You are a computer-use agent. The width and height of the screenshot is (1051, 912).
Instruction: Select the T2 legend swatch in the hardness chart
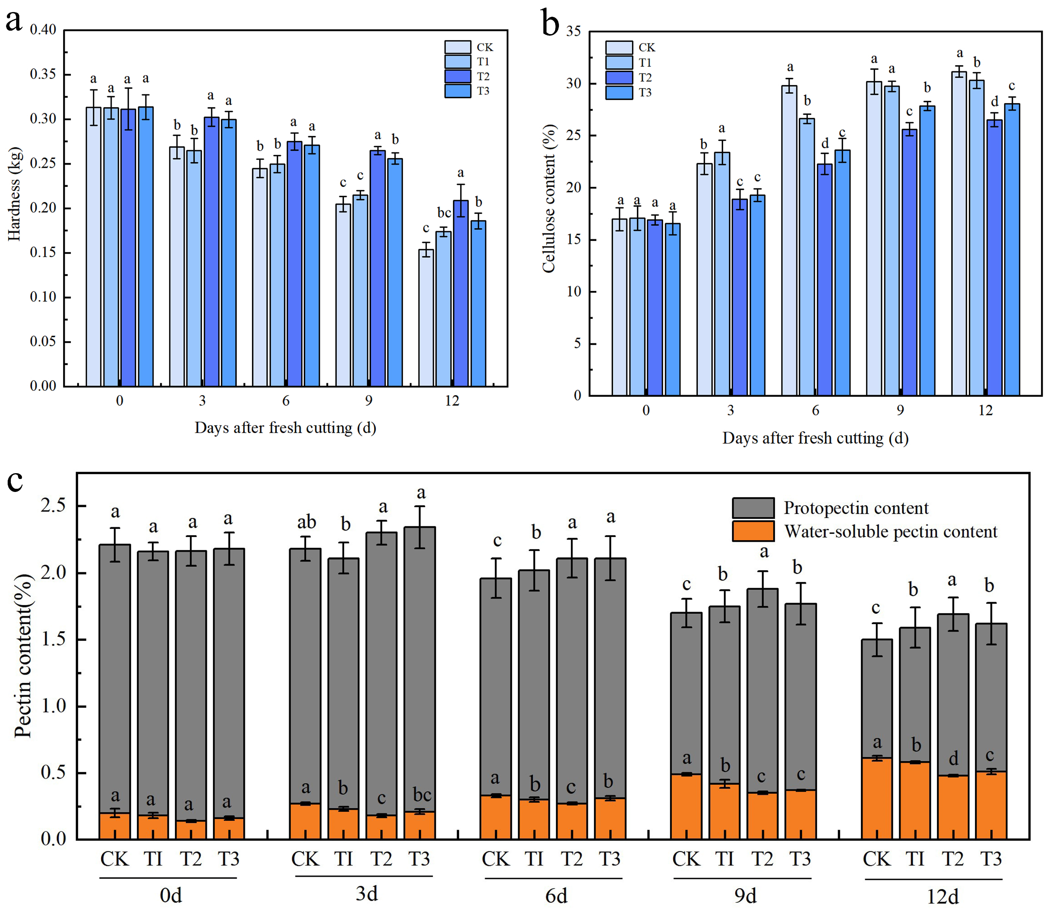click(x=457, y=76)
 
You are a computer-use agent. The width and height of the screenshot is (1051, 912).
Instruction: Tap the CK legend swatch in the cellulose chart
click(x=619, y=47)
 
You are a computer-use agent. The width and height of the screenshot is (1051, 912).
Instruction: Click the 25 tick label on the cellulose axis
click(x=573, y=136)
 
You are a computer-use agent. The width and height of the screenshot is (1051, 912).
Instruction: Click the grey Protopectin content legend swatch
click(x=753, y=508)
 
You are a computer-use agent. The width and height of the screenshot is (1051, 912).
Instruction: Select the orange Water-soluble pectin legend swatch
click(x=753, y=531)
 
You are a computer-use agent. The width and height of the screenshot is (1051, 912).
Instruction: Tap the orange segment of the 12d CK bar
click(x=876, y=799)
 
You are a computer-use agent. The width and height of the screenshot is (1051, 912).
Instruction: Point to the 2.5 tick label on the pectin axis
click(x=53, y=506)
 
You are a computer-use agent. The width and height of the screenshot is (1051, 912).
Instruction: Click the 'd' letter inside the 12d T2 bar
click(x=953, y=759)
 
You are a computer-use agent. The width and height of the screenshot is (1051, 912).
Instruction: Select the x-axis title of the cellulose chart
click(x=815, y=438)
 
